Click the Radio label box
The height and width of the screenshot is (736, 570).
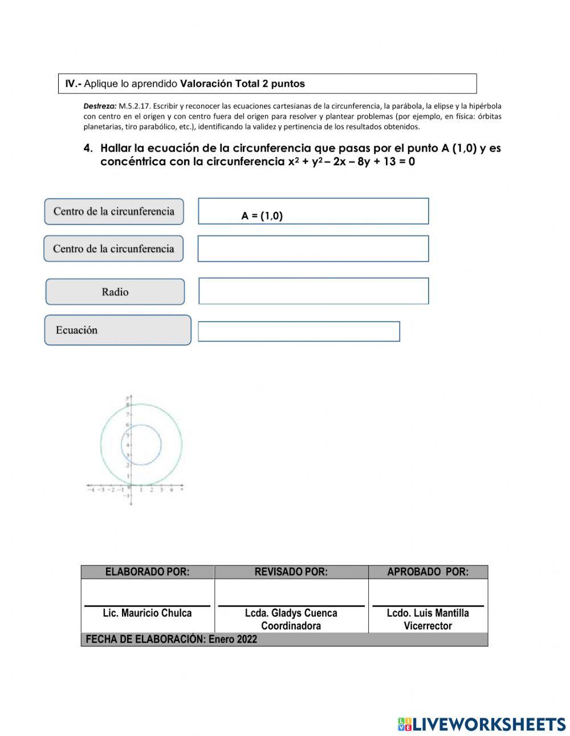point(115,292)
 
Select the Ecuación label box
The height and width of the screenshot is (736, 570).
point(117,330)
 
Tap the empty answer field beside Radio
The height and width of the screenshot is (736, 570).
point(313,291)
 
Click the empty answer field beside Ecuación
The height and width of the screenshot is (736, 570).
point(299,331)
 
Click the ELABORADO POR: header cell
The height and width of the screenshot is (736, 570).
point(147,572)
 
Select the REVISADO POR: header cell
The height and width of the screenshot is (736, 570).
point(291,572)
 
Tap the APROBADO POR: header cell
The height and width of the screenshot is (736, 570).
point(427,572)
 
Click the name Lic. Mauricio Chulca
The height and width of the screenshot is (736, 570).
point(147,613)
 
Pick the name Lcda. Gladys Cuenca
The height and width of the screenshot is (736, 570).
point(291,613)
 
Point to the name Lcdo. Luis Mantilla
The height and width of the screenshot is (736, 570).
point(427,613)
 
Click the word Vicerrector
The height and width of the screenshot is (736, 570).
point(427,625)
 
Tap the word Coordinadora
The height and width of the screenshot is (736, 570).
point(291,625)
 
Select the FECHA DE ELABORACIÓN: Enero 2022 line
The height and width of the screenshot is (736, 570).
point(171,639)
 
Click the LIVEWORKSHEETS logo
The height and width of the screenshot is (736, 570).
point(482,724)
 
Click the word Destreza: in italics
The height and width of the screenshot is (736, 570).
point(100,106)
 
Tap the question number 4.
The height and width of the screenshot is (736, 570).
point(87,148)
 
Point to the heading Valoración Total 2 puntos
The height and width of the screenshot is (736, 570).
point(242,84)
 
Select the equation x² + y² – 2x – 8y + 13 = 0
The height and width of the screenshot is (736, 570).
point(351,162)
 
